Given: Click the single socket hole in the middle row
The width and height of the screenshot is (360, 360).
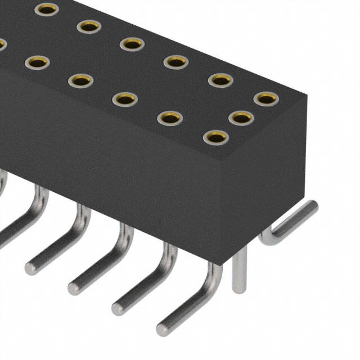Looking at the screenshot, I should (241, 118).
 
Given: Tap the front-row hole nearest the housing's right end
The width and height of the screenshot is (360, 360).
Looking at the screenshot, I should (215, 137).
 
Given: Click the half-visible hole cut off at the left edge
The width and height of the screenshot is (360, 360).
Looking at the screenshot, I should (2, 44).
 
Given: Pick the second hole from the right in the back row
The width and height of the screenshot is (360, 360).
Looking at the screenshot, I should (220, 80).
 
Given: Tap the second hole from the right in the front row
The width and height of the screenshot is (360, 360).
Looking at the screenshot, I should (170, 118).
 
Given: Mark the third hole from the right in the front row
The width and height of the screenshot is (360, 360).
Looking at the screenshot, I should (125, 99).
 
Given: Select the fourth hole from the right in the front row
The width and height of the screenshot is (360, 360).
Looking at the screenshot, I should (80, 80).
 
